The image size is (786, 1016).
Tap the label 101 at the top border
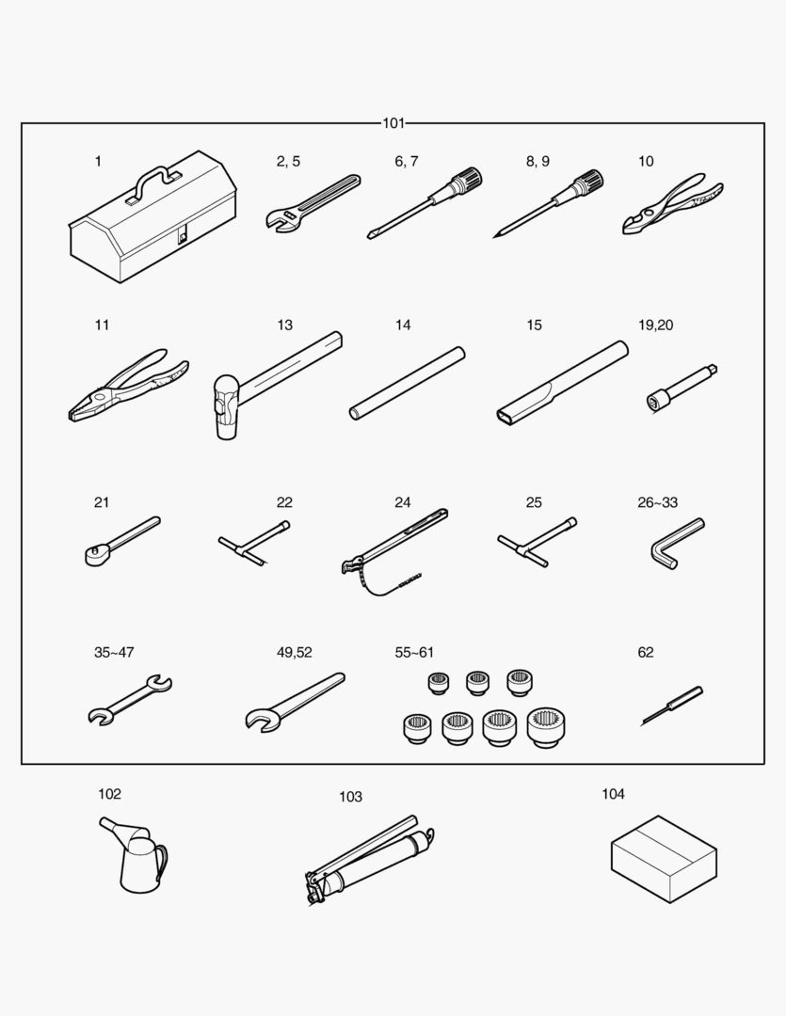(x=393, y=123)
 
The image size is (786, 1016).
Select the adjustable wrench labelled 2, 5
(x=313, y=202)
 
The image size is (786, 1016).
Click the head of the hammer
(x=225, y=407)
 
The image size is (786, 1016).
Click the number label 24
(x=403, y=502)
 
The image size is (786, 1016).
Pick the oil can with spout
(x=135, y=854)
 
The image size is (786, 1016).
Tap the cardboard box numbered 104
(x=664, y=859)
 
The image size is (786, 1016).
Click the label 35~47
(x=114, y=653)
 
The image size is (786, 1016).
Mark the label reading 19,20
(x=656, y=325)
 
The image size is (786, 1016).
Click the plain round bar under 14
(x=408, y=383)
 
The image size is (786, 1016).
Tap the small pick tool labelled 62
(x=672, y=706)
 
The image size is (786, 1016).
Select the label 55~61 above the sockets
(x=414, y=653)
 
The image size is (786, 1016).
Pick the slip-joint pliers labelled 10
(x=672, y=203)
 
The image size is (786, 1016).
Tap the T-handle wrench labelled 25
(x=537, y=542)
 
